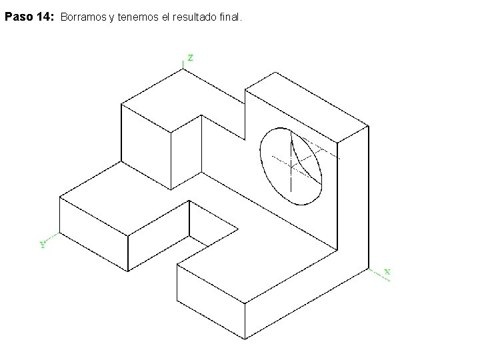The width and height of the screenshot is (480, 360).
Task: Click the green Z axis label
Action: point(191,58)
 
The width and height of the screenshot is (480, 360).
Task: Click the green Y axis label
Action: point(43,245)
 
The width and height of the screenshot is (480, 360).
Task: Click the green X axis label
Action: point(387,272)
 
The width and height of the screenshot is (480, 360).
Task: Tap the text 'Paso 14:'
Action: point(29,18)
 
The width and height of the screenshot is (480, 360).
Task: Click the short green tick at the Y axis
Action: point(54,237)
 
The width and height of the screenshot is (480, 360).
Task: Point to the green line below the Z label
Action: point(183,63)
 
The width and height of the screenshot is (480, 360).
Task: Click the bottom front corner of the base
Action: point(245,339)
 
